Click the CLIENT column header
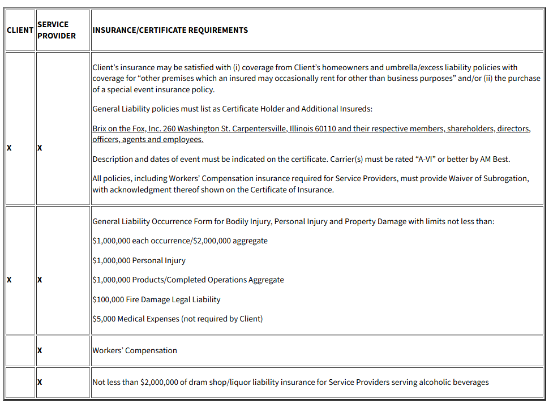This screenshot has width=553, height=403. tap(20, 30)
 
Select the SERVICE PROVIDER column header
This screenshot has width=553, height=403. tap(57, 30)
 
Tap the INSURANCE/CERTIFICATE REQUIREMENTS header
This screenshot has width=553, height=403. tap(170, 30)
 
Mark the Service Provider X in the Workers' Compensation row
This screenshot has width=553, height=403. tap(40, 351)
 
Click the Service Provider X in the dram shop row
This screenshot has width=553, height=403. tap(40, 382)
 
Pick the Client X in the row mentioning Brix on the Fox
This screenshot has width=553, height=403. tap(9, 148)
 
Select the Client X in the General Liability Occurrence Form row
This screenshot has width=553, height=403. tap(9, 280)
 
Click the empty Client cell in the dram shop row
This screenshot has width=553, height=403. tap(20, 382)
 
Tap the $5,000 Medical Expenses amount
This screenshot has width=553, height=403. tap(104, 319)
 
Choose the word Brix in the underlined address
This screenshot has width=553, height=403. tap(101, 128)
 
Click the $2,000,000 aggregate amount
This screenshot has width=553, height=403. tap(220, 241)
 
